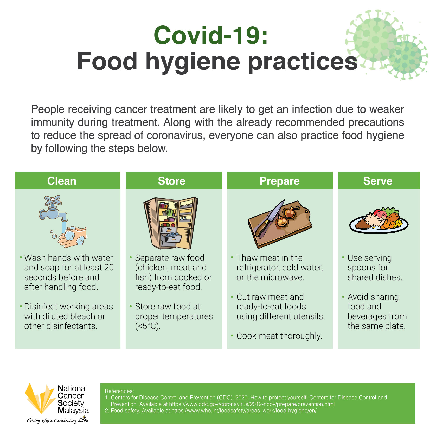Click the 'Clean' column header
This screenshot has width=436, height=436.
click(x=62, y=181)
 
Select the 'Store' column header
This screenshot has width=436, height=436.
click(x=172, y=181)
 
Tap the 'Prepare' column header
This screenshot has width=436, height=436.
click(x=280, y=181)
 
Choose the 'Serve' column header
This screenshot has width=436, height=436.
click(x=378, y=181)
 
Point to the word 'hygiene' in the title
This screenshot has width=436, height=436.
click(x=193, y=62)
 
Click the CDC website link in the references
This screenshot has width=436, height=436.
click(x=252, y=404)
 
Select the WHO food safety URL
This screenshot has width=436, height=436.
click(x=244, y=411)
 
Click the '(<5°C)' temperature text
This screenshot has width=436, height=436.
click(x=148, y=326)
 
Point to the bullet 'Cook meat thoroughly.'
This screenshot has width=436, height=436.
click(x=279, y=336)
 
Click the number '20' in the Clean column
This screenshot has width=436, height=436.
click(x=109, y=268)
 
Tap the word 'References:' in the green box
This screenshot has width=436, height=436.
click(x=119, y=391)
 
